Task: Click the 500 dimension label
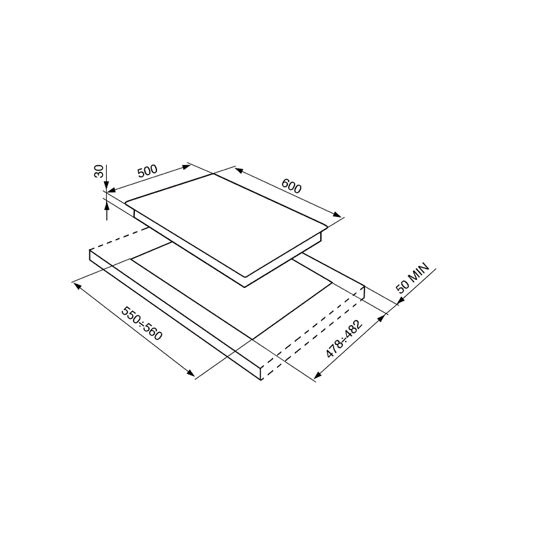[148, 171]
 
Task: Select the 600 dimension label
[291, 187]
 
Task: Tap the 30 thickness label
[99, 171]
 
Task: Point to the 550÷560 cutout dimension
[142, 324]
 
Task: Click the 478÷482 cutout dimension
[344, 339]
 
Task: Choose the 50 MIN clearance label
[412, 278]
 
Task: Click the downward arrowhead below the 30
[107, 187]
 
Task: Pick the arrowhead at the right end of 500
[187, 166]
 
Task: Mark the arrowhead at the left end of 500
[112, 190]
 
